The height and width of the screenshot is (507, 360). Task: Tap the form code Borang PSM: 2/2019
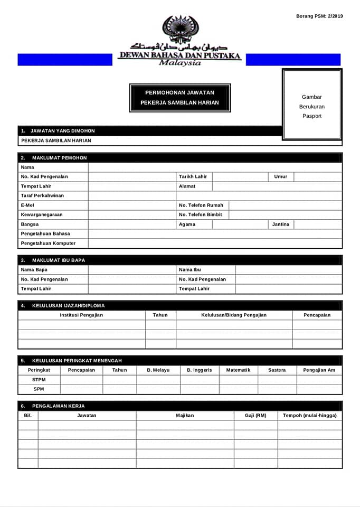[x=319, y=16]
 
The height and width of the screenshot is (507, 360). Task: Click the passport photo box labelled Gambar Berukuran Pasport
[x=312, y=106]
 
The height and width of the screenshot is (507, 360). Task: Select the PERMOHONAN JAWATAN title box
[x=180, y=98]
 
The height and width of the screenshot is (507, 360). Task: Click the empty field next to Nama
[x=215, y=167]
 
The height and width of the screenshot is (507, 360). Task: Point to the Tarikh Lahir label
[x=193, y=177]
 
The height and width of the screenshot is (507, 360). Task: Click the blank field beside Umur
[x=318, y=177]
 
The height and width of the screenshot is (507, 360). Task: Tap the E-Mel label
[x=27, y=205]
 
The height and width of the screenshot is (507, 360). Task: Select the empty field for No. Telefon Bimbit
[x=285, y=215]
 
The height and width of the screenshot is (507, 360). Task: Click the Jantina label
[x=281, y=224]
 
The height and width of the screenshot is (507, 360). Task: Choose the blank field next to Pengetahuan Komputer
[x=215, y=243]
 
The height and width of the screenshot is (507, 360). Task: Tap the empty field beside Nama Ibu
[x=288, y=270]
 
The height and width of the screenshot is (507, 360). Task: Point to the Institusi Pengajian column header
[x=81, y=315]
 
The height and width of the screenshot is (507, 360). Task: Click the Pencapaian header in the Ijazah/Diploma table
[x=317, y=315]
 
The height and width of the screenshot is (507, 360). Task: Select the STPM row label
[x=39, y=380]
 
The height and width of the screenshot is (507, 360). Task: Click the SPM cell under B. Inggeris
[x=200, y=389]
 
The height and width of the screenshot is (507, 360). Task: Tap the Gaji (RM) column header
[x=255, y=416]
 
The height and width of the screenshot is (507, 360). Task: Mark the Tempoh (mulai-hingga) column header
[x=310, y=416]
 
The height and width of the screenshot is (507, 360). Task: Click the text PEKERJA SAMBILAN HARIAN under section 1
[x=56, y=141]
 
